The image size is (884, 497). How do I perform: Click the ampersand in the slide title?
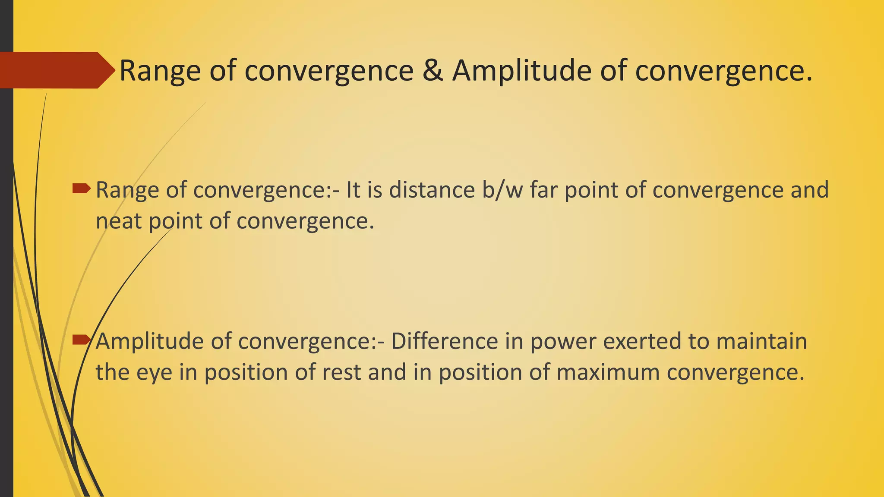coord(433,70)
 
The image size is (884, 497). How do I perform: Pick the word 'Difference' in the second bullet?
coord(445,341)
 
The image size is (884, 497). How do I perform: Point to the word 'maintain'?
coord(761,341)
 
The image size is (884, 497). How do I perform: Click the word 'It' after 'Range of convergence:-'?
coord(353,190)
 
